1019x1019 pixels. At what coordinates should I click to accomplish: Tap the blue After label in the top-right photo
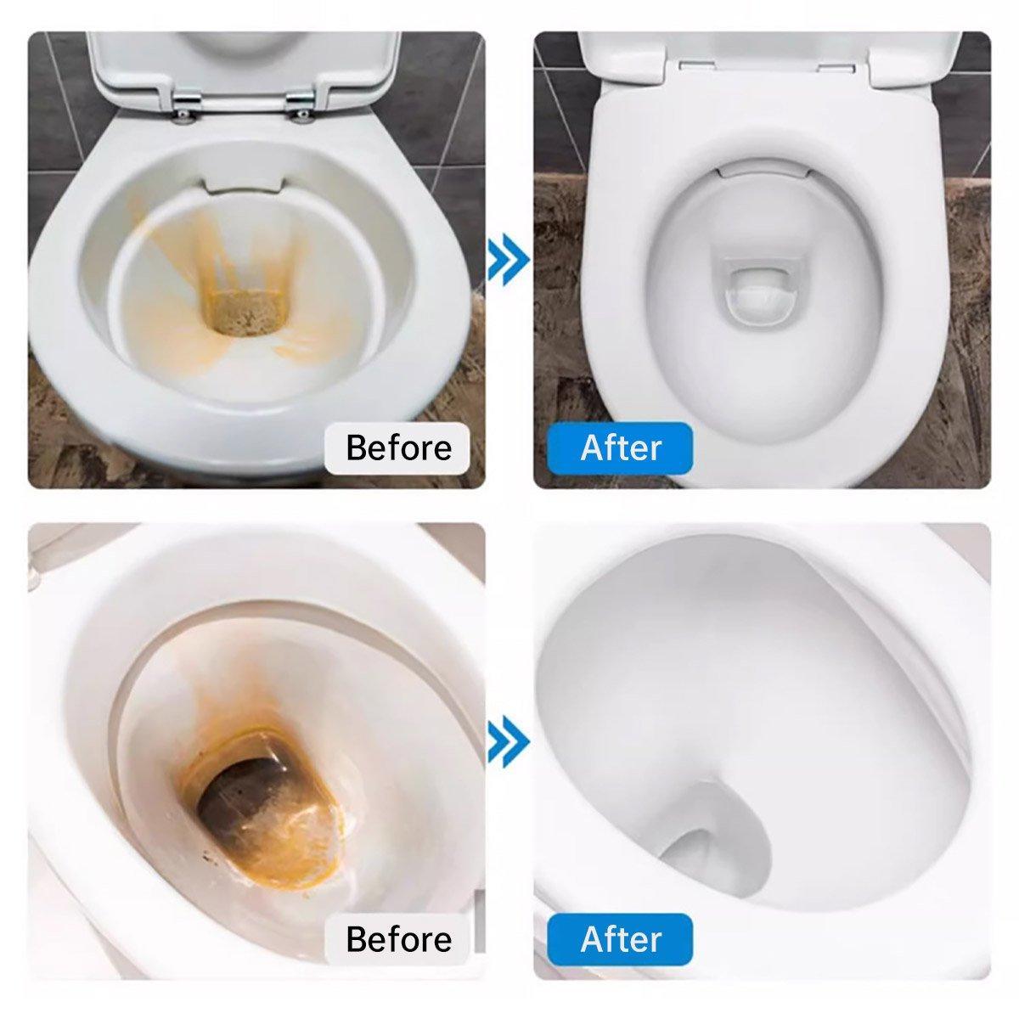[x=620, y=448]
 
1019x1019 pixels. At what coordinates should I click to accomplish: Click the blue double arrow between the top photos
[x=508, y=259]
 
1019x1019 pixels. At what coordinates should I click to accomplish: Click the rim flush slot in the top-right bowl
[x=763, y=172]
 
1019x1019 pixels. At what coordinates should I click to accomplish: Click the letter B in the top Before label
[x=357, y=448]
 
